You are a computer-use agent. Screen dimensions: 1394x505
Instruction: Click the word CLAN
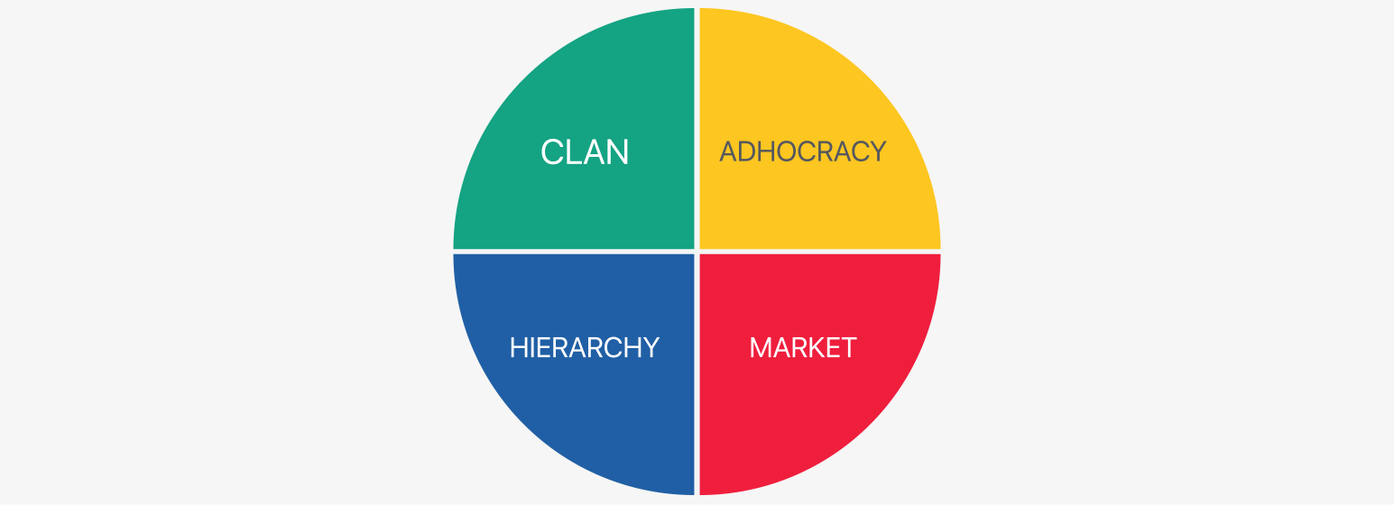[x=585, y=152]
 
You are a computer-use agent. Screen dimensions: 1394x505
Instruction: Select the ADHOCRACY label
[x=803, y=151]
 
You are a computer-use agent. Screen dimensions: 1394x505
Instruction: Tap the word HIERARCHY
[x=585, y=348]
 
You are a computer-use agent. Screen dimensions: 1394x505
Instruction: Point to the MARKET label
[x=803, y=348]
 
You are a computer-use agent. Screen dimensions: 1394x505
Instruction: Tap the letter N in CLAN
[x=618, y=152]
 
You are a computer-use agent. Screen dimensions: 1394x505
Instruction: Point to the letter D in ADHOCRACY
[x=750, y=151]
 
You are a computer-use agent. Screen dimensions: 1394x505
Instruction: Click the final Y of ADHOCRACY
[x=878, y=151]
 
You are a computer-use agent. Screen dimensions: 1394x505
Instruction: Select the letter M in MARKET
[x=761, y=348]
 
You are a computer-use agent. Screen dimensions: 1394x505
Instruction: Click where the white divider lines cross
[x=697, y=252]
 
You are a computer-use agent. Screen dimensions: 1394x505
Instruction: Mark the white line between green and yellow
[x=697, y=129]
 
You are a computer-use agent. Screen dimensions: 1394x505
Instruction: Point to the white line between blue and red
[x=697, y=374]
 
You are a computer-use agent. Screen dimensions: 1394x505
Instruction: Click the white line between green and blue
[x=574, y=252]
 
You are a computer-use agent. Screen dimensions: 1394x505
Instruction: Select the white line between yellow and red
[x=820, y=252]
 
